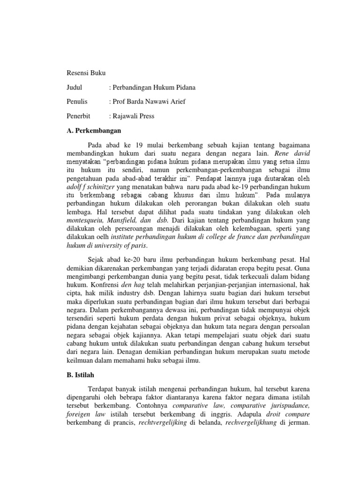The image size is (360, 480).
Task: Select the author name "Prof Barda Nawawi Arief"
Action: tap(150, 102)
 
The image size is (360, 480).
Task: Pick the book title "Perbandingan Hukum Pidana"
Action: tap(154, 88)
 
